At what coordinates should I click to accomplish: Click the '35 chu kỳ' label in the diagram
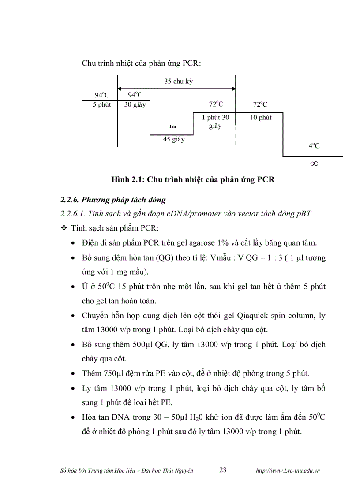click(x=179, y=81)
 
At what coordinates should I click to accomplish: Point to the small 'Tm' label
click(x=172, y=126)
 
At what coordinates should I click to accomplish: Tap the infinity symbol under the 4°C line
click(x=314, y=164)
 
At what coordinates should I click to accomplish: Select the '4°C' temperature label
click(x=314, y=146)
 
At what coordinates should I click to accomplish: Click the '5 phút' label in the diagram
click(x=101, y=105)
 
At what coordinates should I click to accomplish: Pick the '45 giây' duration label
click(x=174, y=140)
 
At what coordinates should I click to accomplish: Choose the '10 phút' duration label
click(x=260, y=118)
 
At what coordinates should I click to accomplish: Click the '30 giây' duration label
click(x=135, y=105)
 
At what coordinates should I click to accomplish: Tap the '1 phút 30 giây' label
click(x=215, y=122)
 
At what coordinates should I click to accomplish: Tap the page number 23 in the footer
click(x=223, y=470)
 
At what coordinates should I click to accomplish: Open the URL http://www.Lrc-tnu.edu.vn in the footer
click(x=288, y=470)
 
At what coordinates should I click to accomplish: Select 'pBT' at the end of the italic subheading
click(x=304, y=214)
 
